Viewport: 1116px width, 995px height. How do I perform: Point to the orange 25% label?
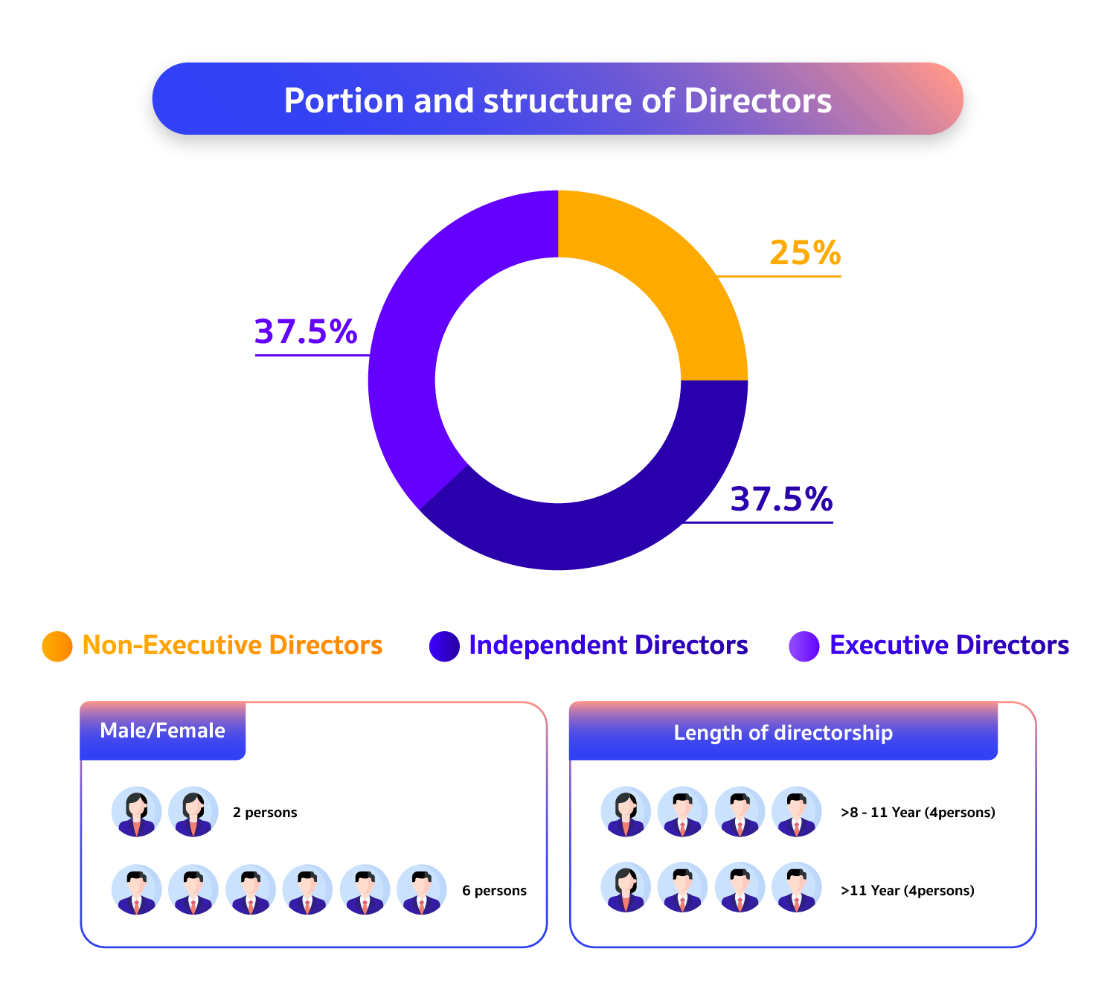click(805, 253)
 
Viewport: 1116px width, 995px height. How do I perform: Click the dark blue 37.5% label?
click(781, 499)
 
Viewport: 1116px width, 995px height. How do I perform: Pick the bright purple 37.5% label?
click(306, 332)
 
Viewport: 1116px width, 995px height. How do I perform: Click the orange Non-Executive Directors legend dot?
click(57, 646)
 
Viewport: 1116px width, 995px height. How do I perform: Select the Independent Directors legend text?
click(608, 645)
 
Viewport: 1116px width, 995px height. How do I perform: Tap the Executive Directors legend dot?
click(804, 646)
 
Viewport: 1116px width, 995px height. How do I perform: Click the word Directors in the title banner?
click(757, 100)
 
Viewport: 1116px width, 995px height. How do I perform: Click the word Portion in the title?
click(344, 100)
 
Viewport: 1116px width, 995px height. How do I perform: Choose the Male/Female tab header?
click(162, 731)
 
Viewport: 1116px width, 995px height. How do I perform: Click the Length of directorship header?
click(783, 733)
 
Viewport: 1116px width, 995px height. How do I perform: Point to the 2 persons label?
click(265, 813)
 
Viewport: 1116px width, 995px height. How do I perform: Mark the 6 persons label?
click(494, 891)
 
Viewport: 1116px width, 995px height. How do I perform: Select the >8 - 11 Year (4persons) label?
click(917, 813)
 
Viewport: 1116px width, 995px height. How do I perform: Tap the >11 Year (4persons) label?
click(907, 891)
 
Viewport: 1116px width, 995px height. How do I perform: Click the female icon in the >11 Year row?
click(626, 888)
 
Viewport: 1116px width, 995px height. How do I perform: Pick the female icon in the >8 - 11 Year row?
click(626, 812)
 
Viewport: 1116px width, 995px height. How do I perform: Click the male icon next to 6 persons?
click(422, 889)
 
